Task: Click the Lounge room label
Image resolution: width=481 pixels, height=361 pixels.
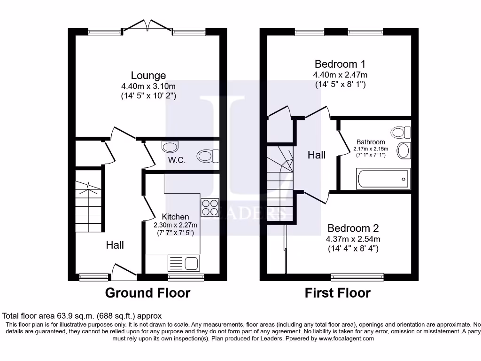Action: coord(148,75)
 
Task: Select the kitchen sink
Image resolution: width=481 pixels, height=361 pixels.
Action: coord(184,263)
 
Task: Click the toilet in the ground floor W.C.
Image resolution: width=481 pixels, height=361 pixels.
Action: coord(208,156)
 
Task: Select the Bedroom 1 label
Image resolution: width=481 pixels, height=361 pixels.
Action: coord(340,64)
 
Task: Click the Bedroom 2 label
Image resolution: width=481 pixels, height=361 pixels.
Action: coord(353,228)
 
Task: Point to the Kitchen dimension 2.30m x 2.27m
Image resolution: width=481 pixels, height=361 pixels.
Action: coord(176,225)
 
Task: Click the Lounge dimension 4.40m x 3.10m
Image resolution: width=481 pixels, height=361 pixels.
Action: coord(148,86)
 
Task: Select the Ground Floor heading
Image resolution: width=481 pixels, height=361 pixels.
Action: coord(147,293)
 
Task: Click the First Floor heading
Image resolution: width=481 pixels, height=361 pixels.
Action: coord(337,293)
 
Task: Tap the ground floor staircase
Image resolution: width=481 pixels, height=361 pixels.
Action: coord(88,207)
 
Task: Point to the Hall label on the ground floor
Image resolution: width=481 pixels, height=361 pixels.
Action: coord(115,245)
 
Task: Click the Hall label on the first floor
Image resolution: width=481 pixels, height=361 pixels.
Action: coord(317,155)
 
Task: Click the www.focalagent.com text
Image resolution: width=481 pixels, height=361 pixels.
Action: coord(346,338)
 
